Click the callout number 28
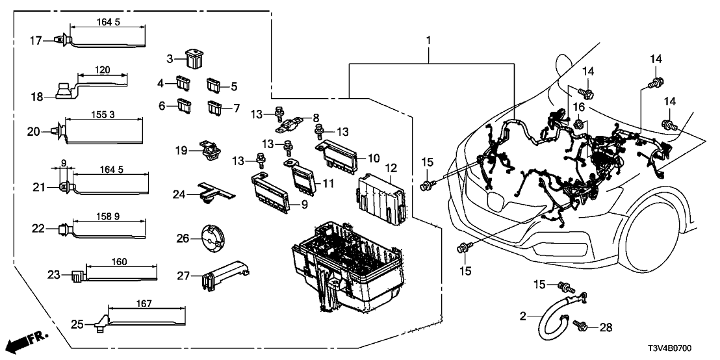(606, 328)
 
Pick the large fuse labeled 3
(194, 58)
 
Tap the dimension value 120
(101, 70)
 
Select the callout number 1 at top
(429, 40)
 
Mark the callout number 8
(316, 118)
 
